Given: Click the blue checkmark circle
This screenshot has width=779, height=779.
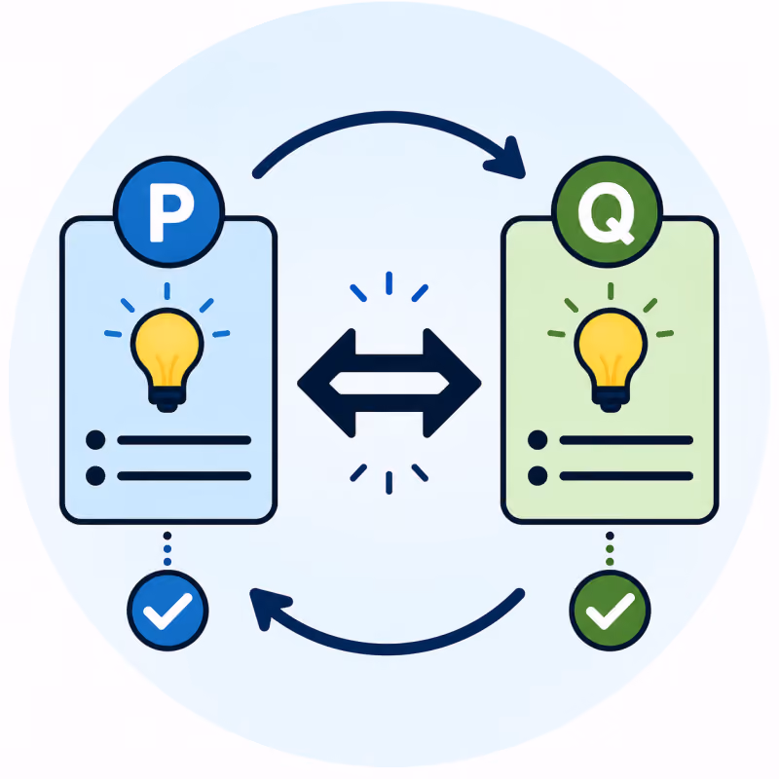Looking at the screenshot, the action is [167, 611].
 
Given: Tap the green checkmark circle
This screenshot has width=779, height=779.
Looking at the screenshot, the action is [611, 611].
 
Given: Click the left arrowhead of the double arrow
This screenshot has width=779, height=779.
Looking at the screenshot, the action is [326, 383].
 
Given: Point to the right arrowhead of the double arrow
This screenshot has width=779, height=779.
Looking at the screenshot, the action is [452, 383].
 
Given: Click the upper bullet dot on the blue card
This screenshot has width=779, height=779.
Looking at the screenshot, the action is [95, 440].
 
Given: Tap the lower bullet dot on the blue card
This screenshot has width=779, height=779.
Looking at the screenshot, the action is [95, 475].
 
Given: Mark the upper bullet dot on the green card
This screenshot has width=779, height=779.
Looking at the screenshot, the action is [538, 440].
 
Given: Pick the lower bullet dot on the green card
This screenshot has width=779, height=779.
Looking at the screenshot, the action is [538, 475].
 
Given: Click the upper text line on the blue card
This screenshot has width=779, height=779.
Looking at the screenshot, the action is [184, 440].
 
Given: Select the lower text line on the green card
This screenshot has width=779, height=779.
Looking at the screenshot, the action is [626, 476].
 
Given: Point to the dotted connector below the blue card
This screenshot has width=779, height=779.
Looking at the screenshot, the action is [167, 548].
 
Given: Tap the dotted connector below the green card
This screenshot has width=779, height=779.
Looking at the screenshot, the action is [611, 548].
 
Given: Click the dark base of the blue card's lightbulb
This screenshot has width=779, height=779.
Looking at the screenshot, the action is [167, 399].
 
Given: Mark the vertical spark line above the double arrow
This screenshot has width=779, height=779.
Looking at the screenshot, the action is [389, 282].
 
